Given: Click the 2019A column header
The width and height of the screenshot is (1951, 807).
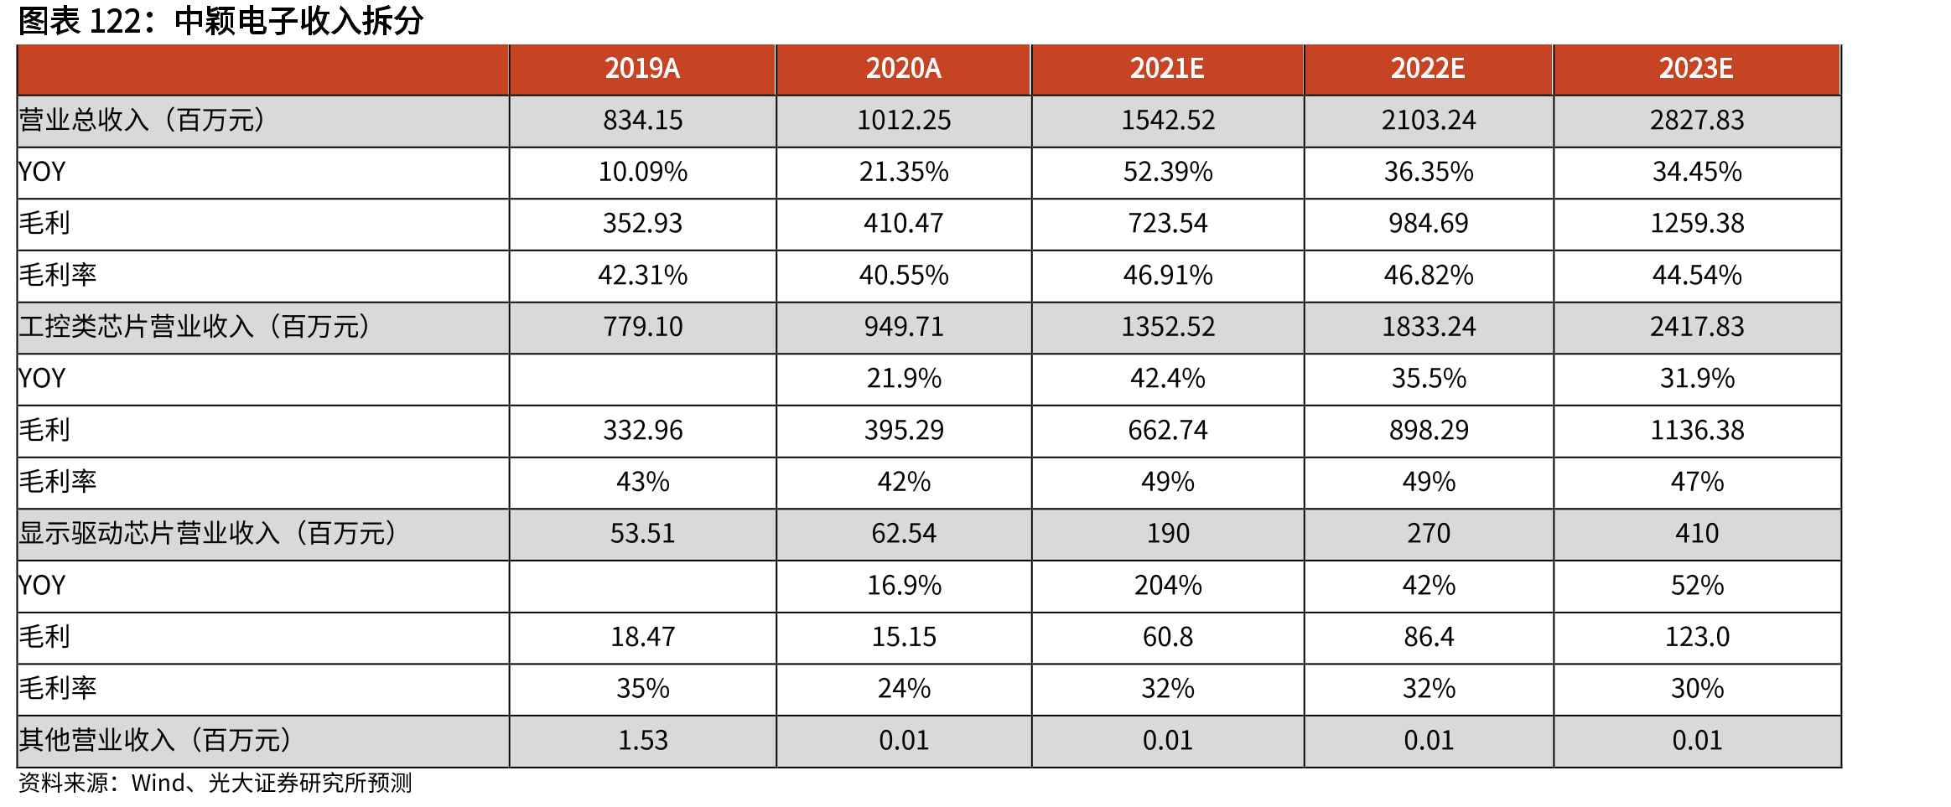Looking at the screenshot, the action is [x=642, y=69].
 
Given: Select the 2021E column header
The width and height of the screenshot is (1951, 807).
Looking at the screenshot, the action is [x=1167, y=69].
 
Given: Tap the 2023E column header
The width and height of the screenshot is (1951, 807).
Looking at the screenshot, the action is [x=1696, y=69].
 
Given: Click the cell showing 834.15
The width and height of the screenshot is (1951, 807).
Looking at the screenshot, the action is [x=643, y=121].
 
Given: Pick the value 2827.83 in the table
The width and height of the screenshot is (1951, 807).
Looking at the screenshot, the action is [x=1697, y=121].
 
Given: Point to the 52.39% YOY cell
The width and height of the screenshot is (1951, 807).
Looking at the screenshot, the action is [x=1168, y=173].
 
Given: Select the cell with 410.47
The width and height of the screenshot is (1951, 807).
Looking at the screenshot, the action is [x=904, y=224].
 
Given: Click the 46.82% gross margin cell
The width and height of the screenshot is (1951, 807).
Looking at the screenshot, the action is [x=1429, y=276].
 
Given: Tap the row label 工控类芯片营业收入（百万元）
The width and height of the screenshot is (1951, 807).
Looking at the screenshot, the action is [x=195, y=327].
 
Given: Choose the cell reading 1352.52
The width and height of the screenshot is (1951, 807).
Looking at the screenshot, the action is [x=1168, y=327].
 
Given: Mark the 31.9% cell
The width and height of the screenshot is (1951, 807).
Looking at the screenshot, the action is [x=1697, y=379].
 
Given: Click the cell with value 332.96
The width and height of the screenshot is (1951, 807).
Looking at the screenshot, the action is [x=643, y=431].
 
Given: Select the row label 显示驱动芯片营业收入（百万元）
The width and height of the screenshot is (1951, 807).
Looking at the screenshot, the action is [x=208, y=534].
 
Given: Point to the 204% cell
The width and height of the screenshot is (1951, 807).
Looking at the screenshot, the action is [x=1168, y=586].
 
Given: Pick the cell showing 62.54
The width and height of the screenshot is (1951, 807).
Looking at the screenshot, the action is [x=904, y=534].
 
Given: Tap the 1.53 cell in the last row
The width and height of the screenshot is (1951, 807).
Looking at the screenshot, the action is [x=643, y=741].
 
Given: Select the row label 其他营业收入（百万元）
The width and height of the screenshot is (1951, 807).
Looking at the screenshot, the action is [x=155, y=741].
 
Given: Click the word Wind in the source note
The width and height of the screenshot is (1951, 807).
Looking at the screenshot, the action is [x=158, y=784].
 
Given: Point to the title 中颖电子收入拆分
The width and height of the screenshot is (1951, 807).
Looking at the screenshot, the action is [x=298, y=21].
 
